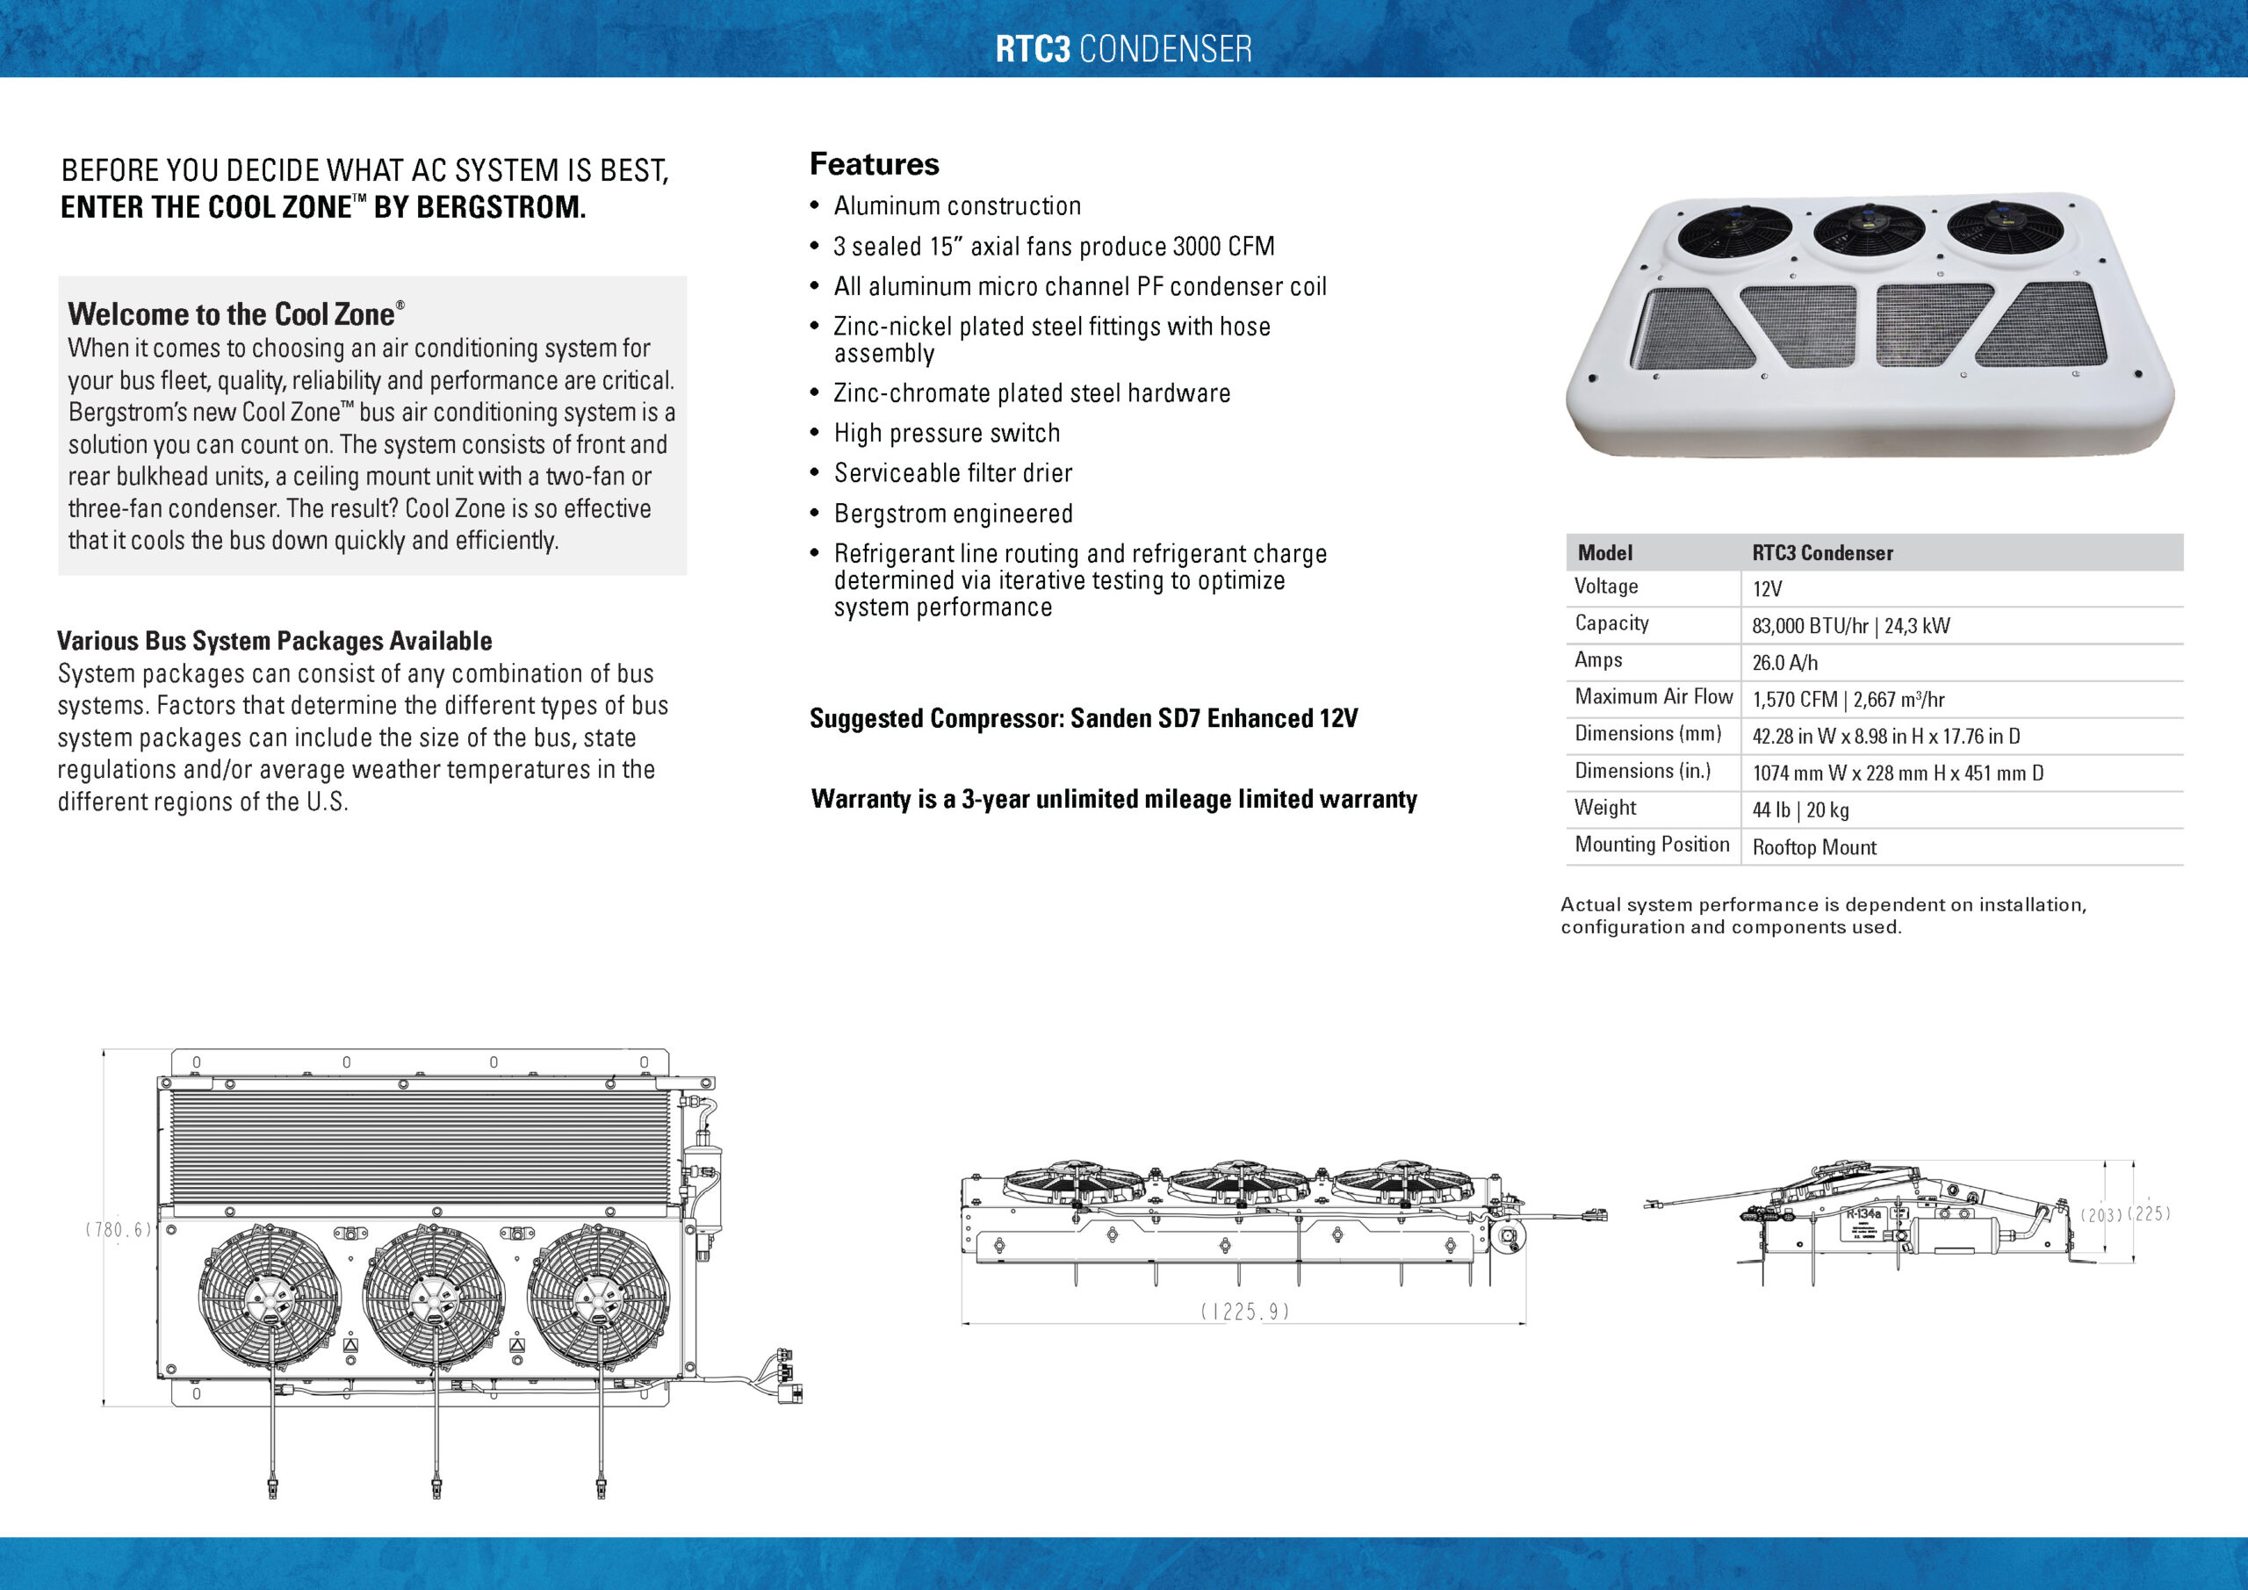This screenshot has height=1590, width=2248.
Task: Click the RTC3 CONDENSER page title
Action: point(1123,49)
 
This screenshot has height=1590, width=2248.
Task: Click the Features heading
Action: point(874,164)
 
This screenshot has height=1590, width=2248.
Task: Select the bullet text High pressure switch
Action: point(946,433)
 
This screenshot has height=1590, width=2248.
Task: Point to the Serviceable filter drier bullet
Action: point(952,473)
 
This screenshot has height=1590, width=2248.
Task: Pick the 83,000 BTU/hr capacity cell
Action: point(1849,626)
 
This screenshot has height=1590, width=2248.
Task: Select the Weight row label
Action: point(1604,808)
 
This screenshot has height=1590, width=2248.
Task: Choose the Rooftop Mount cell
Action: point(1813,847)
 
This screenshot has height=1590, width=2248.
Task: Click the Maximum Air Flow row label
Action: point(1653,697)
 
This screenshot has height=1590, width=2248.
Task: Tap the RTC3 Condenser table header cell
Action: point(1821,553)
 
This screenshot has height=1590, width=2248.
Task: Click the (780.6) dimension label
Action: point(118,1230)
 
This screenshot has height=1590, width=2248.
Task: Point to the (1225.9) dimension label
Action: point(1243,1312)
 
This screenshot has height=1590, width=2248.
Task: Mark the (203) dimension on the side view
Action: point(2100,1215)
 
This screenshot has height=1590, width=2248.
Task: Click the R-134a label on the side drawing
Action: point(1863,1214)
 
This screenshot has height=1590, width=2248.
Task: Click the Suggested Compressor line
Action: point(1083,719)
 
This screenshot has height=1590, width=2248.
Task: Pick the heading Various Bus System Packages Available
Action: point(274,641)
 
